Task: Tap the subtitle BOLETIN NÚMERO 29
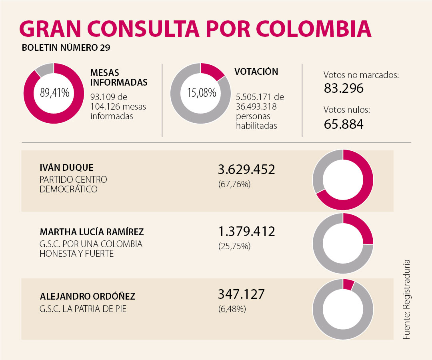66,48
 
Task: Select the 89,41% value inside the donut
55,93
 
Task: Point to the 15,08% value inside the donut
202,93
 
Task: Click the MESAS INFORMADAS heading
119,77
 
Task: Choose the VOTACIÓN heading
256,72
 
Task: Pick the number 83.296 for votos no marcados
343,88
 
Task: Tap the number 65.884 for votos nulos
343,124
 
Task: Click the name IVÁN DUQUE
66,168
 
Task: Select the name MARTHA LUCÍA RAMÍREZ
92,232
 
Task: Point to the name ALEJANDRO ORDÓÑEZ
88,296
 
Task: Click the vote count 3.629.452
246,170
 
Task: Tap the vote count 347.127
241,294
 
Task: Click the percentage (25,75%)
234,246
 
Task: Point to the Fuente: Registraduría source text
407,300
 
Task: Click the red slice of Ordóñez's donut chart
348,284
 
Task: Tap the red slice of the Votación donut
212,71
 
